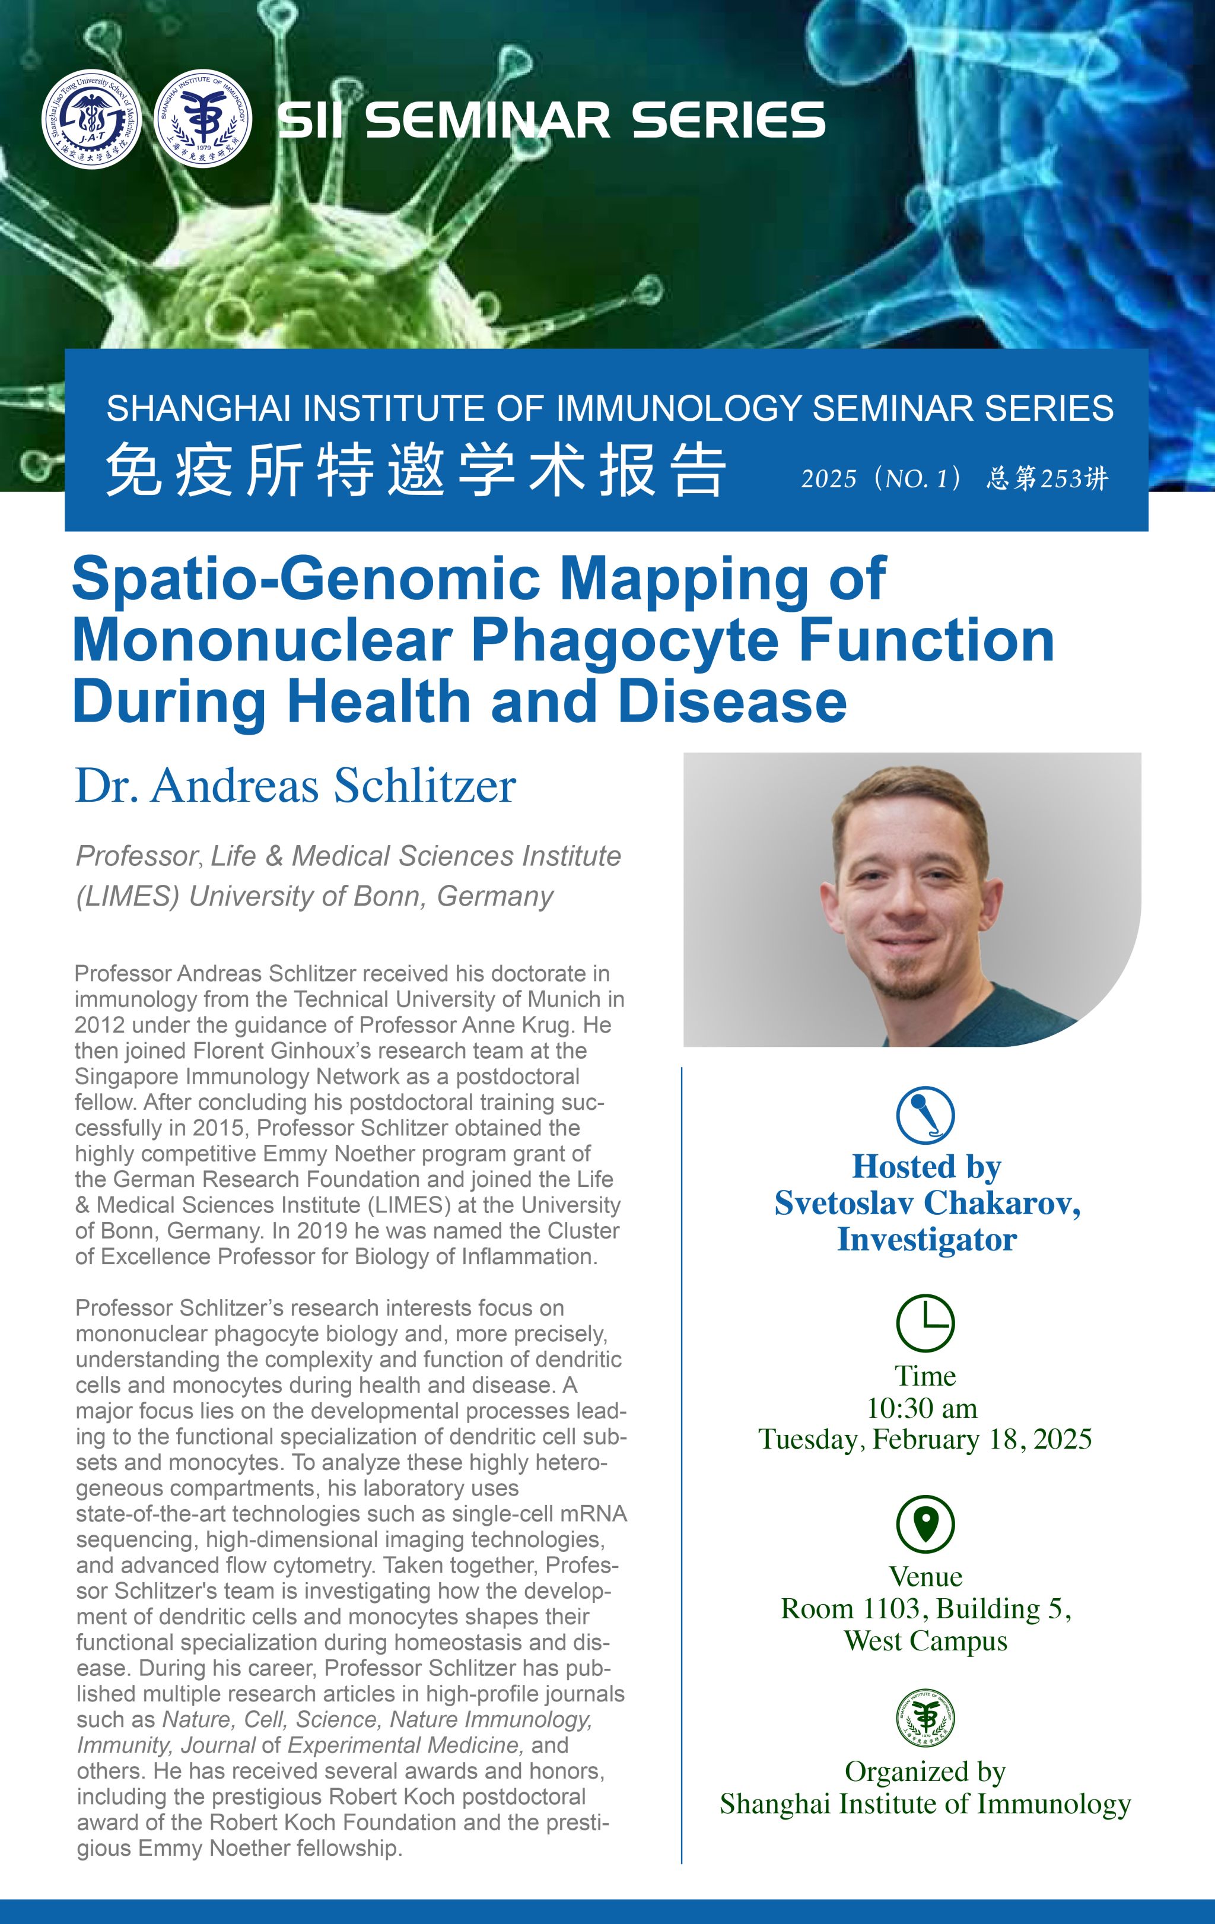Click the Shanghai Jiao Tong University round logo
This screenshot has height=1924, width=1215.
(91, 119)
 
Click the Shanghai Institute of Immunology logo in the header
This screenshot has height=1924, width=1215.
(203, 119)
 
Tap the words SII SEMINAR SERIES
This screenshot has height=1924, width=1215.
(551, 120)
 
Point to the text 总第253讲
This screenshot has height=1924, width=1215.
(1047, 478)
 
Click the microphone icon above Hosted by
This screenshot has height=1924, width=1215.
(925, 1115)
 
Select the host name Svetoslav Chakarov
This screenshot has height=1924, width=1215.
(927, 1204)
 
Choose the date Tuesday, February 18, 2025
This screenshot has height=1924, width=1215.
(925, 1439)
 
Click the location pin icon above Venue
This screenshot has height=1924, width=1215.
(925, 1525)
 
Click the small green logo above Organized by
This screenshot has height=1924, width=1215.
(925, 1719)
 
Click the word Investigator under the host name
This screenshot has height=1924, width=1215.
(927, 1240)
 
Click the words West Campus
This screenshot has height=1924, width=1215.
(926, 1641)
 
